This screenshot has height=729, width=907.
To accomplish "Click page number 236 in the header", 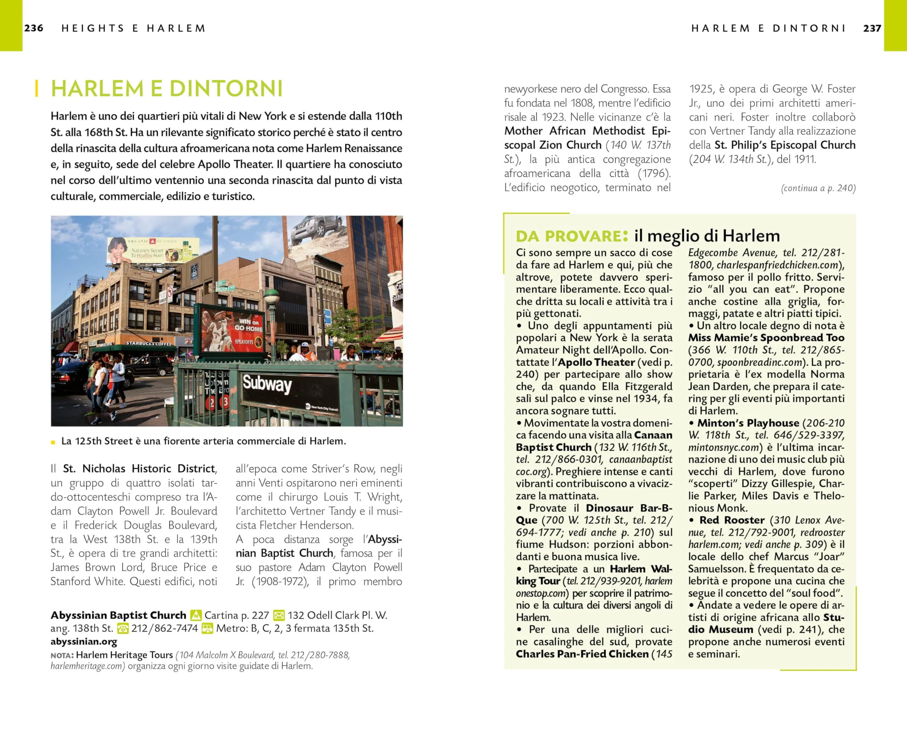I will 34,28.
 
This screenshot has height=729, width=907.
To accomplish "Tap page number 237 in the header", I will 872,28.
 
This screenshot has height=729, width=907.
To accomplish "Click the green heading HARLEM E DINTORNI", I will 167,89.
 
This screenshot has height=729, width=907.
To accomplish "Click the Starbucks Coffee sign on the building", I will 148,343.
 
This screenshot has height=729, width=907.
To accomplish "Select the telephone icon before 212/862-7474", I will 123,628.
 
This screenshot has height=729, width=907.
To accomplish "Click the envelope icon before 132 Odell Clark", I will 278,615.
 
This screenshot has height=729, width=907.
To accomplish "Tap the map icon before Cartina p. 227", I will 196,615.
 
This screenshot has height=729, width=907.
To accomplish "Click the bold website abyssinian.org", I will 84,642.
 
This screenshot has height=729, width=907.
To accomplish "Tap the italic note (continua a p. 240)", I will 818,188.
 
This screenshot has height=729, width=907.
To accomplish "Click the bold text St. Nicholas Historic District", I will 139,469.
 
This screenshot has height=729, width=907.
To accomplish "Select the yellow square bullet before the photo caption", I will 53,442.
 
